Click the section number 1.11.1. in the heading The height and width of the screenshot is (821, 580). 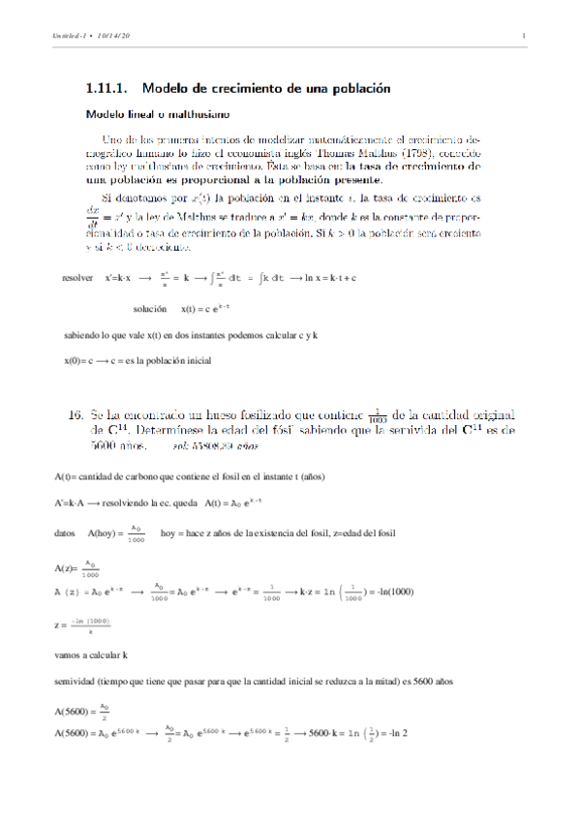click(x=109, y=88)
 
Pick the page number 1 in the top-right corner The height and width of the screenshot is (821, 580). click(x=522, y=37)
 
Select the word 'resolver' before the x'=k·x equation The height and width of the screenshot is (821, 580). click(x=77, y=276)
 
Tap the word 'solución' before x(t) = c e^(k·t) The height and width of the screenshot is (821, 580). click(x=153, y=309)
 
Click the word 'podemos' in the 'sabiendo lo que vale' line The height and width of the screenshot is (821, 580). click(x=253, y=336)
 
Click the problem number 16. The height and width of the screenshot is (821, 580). click(x=76, y=413)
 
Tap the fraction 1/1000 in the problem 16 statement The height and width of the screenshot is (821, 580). click(x=380, y=413)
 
